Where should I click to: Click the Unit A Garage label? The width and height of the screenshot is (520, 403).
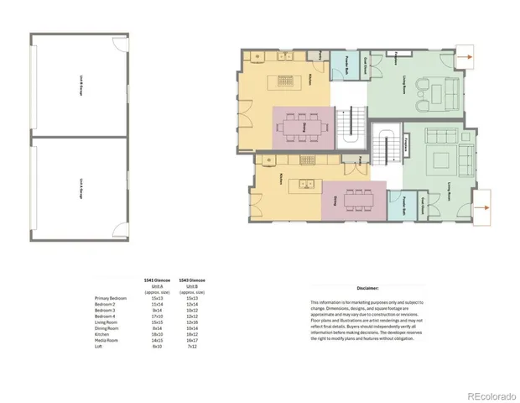(x=81, y=186)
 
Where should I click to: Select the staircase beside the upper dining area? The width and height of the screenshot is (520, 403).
(x=353, y=126)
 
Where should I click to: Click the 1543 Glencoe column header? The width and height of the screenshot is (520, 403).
(x=191, y=280)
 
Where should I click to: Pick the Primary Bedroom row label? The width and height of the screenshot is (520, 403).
(x=111, y=298)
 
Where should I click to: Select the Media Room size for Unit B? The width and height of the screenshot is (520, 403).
(x=191, y=339)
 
